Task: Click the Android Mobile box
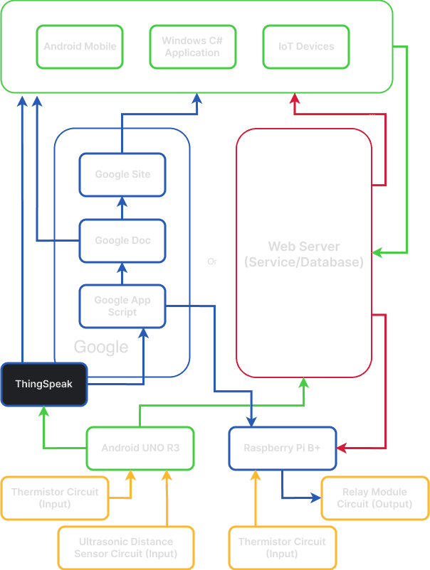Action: click(x=80, y=47)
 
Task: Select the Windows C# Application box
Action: click(x=192, y=47)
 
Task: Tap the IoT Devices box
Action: click(x=306, y=47)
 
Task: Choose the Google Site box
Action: click(x=122, y=175)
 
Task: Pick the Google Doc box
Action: click(x=122, y=241)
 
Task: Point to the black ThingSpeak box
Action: click(x=43, y=385)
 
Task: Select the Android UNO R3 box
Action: click(x=140, y=448)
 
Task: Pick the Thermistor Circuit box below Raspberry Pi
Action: click(x=282, y=548)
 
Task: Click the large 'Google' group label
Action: click(x=101, y=348)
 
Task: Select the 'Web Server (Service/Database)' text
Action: click(x=304, y=254)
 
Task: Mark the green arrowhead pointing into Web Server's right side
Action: click(x=378, y=252)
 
